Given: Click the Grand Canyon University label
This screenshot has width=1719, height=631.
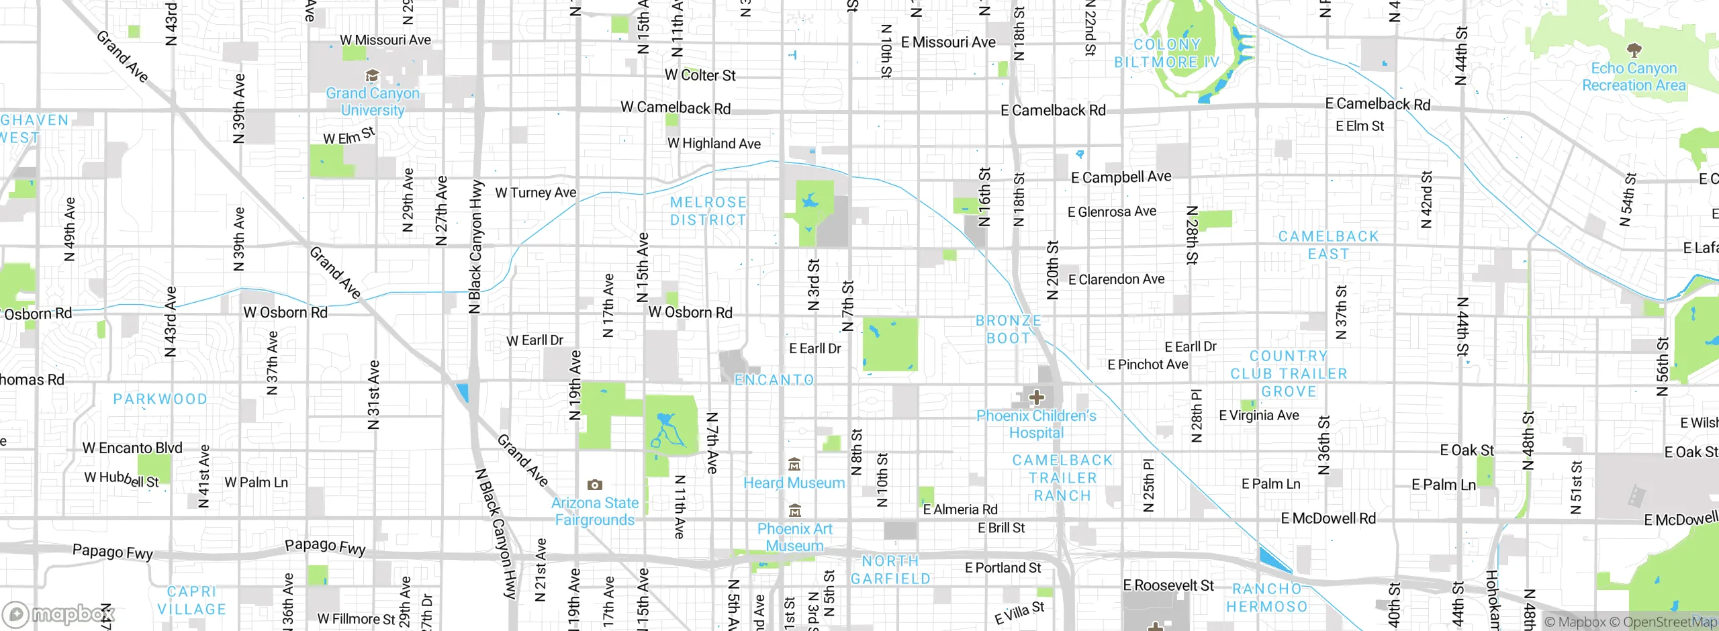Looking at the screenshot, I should [373, 101].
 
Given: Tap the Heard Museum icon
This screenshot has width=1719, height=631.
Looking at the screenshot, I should [794, 465].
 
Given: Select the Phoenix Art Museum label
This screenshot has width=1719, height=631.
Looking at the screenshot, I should [794, 537].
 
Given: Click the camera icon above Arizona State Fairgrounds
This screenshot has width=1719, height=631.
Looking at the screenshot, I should [594, 485].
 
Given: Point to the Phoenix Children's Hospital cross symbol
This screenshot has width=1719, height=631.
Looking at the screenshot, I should [1036, 397].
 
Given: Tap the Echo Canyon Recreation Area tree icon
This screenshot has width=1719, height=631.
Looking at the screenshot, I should [1634, 50].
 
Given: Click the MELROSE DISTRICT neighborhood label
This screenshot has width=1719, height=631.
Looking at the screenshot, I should [708, 211].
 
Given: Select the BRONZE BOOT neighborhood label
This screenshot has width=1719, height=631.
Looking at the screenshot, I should [1008, 330].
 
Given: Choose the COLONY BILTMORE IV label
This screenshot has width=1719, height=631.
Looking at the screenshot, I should [1167, 53].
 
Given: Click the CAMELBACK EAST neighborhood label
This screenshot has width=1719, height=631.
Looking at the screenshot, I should [1328, 245].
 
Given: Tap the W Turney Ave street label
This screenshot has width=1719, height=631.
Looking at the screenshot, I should [535, 193].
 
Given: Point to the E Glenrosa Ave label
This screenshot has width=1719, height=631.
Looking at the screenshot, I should [1111, 211].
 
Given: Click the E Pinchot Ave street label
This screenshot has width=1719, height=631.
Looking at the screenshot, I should [1147, 365].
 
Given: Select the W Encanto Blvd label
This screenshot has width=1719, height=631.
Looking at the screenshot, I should [132, 448].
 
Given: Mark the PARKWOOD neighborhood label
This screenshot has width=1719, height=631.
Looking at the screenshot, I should [160, 399].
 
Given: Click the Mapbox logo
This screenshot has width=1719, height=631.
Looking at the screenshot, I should [59, 614].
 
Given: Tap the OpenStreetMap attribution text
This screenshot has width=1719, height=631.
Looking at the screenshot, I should [1669, 622].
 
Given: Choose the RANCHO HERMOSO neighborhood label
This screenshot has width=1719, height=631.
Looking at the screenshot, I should [1266, 597].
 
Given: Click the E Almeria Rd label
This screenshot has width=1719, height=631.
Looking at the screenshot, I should [960, 509].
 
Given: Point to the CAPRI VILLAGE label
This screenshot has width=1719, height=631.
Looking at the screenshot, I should [191, 600].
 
